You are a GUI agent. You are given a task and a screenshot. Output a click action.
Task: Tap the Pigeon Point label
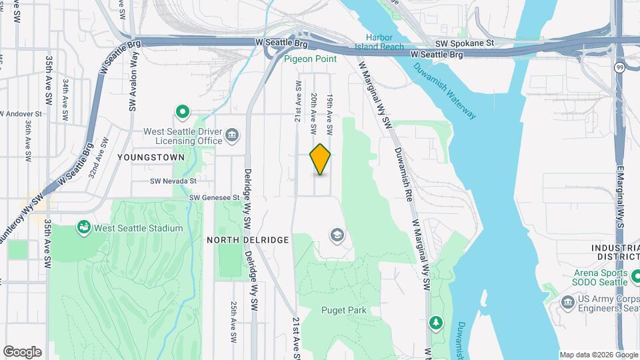pyautogui.click(x=311, y=59)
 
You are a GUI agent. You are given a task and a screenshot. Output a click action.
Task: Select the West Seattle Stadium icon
pyautogui.click(x=84, y=227)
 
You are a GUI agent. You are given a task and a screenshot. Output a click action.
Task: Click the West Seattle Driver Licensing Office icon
pyautogui.click(x=231, y=136)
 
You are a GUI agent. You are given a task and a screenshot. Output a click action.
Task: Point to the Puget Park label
pyautogui.click(x=344, y=310)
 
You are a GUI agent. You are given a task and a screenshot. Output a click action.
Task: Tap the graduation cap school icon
pyautogui.click(x=337, y=235)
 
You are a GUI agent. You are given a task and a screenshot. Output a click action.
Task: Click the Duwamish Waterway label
pyautogui.click(x=445, y=91)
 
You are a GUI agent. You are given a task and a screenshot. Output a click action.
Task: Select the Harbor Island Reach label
pyautogui.click(x=385, y=42)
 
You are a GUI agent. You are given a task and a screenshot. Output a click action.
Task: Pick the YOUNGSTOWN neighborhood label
pyautogui.click(x=141, y=158)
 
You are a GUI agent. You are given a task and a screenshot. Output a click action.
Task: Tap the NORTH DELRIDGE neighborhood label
pyautogui.click(x=247, y=240)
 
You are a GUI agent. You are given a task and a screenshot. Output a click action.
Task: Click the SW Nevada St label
pyautogui.click(x=173, y=181)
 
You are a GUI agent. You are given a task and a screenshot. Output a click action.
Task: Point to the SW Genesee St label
pyautogui.click(x=214, y=197)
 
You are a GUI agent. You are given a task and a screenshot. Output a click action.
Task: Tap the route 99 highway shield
pyautogui.click(x=620, y=67)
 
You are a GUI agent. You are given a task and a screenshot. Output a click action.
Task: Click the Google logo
pyautogui.click(x=22, y=351)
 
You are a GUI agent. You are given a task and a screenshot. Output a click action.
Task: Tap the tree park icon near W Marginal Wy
pyautogui.click(x=436, y=323)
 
